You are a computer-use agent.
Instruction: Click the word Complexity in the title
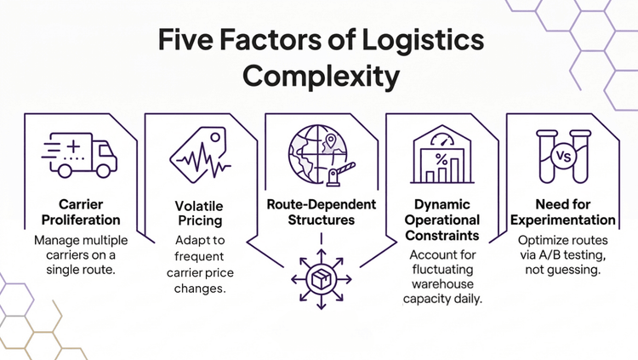click(319, 77)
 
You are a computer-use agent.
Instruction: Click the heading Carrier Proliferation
click(80, 213)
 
